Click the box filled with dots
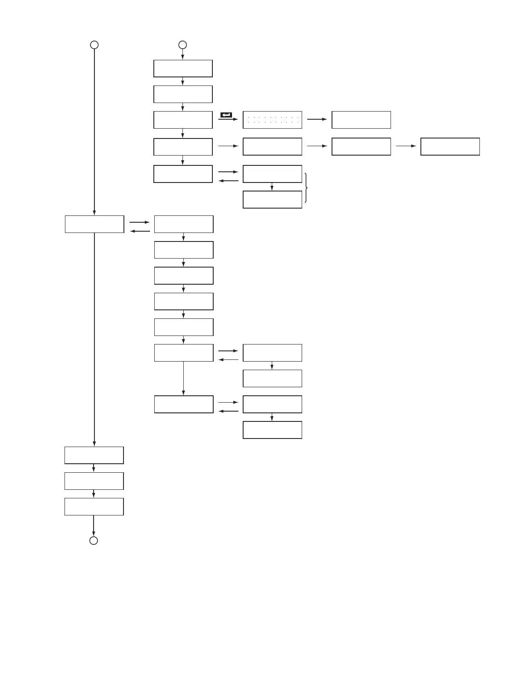pos(272,120)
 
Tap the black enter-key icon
pos(226,115)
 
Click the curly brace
pos(306,187)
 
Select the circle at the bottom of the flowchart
pos(94,541)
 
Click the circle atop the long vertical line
pos(94,44)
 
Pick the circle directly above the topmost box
pos(182,44)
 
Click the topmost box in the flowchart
pos(183,68)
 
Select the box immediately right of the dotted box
pos(361,120)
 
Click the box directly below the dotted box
pos(272,146)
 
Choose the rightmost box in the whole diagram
pos(450,146)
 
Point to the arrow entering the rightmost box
pos(406,146)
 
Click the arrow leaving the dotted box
pos(317,120)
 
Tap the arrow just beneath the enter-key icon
pos(228,120)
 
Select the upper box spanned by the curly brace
pos(272,174)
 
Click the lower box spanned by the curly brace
pos(272,199)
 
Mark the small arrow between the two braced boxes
pos(272,187)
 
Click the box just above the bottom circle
pos(94,506)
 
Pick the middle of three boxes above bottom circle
pos(94,481)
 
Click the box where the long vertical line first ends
pos(94,224)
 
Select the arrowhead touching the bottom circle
pos(94,533)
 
